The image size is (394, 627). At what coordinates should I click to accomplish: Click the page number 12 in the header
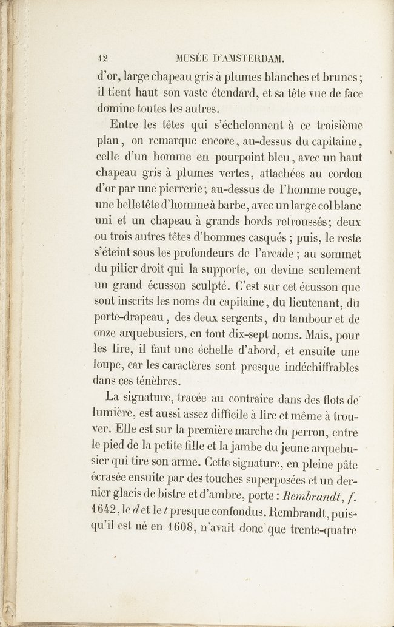point(102,59)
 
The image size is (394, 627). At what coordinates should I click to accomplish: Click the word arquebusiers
point(155,332)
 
